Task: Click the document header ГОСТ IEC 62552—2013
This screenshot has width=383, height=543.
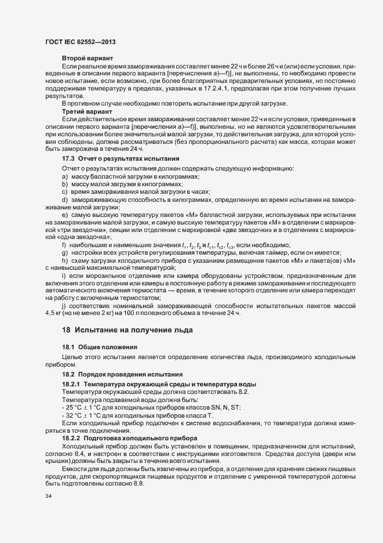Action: (83, 42)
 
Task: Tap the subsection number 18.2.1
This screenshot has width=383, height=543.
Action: (72, 385)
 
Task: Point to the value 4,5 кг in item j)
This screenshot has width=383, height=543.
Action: (56, 313)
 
